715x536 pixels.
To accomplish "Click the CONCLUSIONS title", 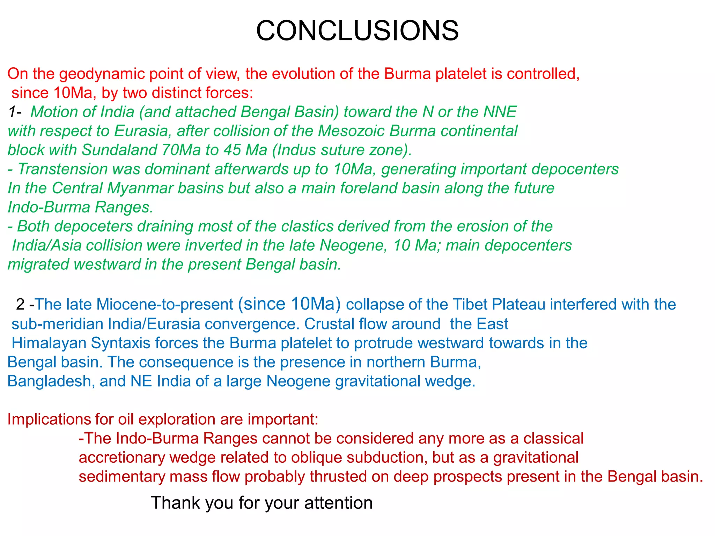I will [x=357, y=31].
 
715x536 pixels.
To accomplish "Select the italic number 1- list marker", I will [x=15, y=112].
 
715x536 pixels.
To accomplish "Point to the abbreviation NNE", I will [x=500, y=112].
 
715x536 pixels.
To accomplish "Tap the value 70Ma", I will [x=181, y=150].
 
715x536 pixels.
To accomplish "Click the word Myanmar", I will [x=140, y=188].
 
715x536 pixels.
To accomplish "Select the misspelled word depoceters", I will [x=94, y=226].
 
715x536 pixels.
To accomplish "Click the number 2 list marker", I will [x=20, y=304].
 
